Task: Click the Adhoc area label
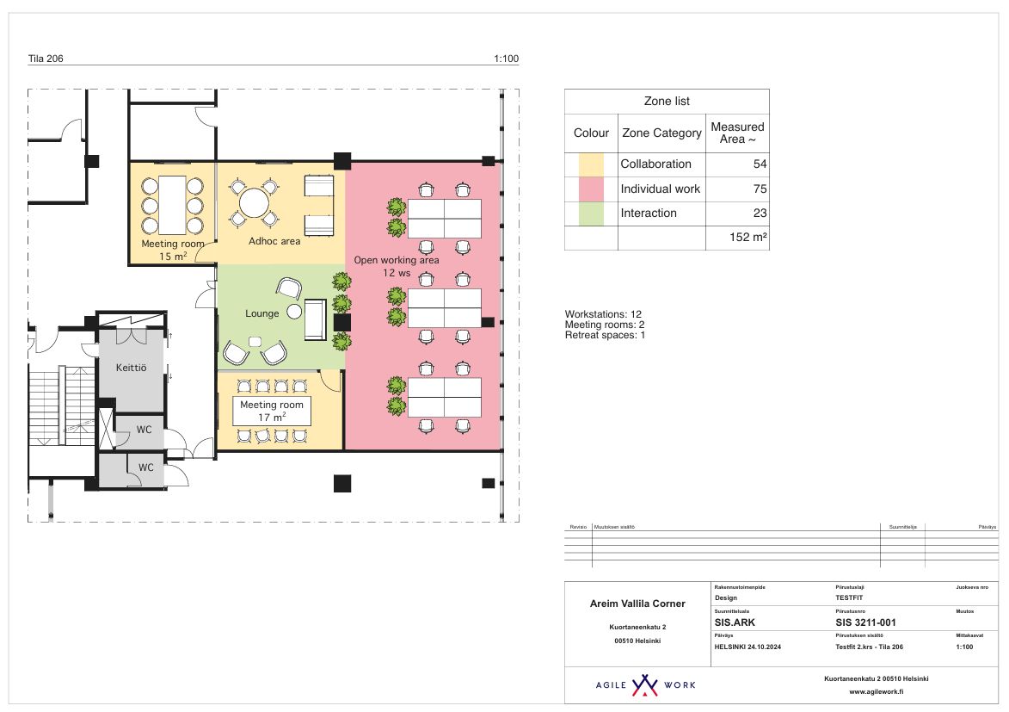(274, 241)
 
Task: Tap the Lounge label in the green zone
(261, 313)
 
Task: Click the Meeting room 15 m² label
(173, 250)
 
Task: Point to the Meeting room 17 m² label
(271, 411)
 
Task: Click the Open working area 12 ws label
(397, 266)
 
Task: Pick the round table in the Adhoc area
(254, 203)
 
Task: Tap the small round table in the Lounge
(294, 311)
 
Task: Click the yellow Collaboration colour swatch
(591, 164)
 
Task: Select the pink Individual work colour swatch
(591, 189)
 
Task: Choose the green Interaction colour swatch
(591, 213)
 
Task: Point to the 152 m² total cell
(748, 238)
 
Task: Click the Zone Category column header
(661, 133)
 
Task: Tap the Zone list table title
(667, 101)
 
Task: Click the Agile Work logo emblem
(644, 685)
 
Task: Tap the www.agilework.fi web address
(876, 691)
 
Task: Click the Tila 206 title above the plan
(46, 59)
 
